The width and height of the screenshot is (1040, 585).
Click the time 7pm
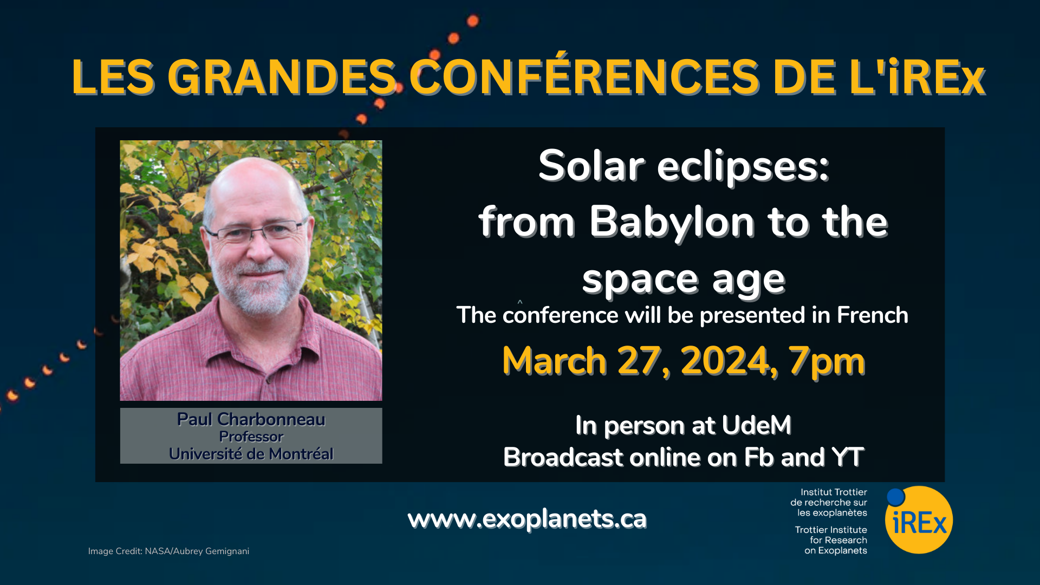[x=827, y=362]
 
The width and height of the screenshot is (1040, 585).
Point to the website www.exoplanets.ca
[x=527, y=519]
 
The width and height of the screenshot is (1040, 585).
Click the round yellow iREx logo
[x=919, y=520]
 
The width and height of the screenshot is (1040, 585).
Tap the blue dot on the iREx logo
[x=896, y=497]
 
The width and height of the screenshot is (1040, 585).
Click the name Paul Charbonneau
[x=251, y=419]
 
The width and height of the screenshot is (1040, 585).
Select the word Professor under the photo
[x=251, y=437]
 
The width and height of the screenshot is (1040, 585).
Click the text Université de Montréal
[x=251, y=454]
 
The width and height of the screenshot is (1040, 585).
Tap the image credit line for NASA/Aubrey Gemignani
[x=168, y=551]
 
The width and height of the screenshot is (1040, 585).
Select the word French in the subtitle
[x=872, y=315]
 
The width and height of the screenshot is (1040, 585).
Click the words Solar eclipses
[x=684, y=166]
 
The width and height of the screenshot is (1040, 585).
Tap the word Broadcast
[x=563, y=457]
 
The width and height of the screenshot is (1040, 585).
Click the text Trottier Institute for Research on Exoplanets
[x=831, y=540]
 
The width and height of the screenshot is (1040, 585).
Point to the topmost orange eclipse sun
[x=473, y=21]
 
